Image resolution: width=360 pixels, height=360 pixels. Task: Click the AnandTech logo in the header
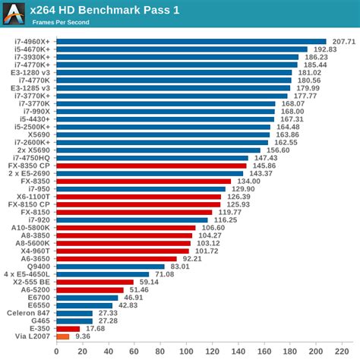(x=14, y=14)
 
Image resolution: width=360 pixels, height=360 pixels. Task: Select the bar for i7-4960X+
(x=191, y=41)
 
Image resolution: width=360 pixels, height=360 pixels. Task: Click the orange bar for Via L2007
(x=62, y=336)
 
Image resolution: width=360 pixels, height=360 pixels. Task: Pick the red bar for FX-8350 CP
(x=151, y=165)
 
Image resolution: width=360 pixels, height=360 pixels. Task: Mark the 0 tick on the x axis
(x=56, y=351)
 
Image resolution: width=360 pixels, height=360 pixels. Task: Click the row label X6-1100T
(x=34, y=196)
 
